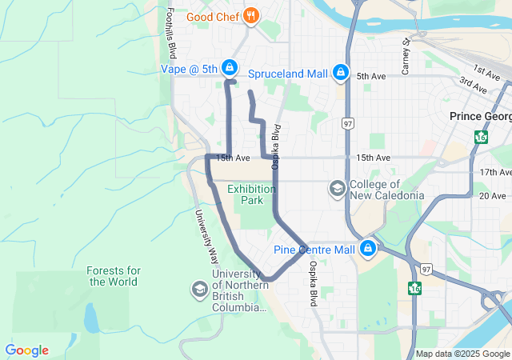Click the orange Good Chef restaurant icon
point(251,15)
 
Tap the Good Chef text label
point(213,16)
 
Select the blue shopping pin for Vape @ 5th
point(230,68)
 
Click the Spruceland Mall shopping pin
point(342,73)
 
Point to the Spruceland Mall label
point(288,74)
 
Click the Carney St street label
point(406,57)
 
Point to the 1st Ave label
point(485,71)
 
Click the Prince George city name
point(480,116)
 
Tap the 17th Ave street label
point(495,172)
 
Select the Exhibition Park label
point(251,194)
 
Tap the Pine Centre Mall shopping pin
point(367,249)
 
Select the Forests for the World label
point(114,276)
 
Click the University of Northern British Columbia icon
point(198,288)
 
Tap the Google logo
point(26,350)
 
